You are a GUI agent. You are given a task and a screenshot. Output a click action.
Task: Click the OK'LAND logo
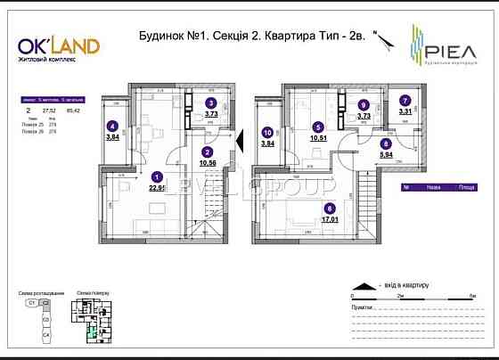click(x=59, y=45)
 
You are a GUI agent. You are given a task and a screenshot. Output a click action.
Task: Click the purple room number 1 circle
click(x=157, y=176)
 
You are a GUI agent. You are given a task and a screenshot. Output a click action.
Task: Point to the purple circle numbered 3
click(x=211, y=102)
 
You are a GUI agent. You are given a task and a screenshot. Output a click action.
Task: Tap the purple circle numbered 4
click(x=113, y=126)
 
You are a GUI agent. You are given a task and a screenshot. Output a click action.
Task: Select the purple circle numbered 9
click(x=363, y=104)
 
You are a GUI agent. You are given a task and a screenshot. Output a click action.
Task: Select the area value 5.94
click(x=386, y=153)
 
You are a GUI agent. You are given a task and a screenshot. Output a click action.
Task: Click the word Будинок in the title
click(x=162, y=37)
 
